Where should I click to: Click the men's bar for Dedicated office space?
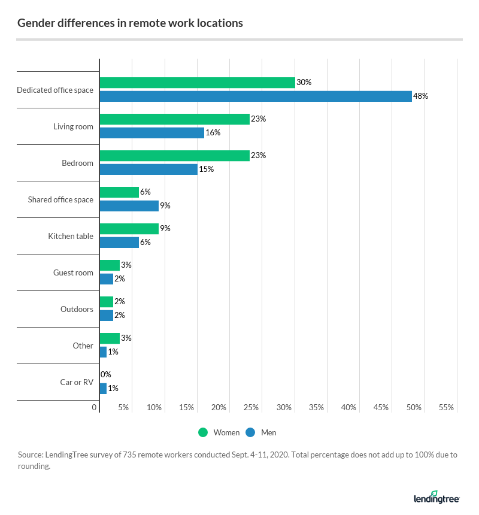click(x=256, y=96)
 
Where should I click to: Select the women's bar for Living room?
click(x=174, y=119)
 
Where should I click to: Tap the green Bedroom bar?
click(x=174, y=156)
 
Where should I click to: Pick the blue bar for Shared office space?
click(x=129, y=206)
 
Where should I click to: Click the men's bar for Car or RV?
click(x=103, y=389)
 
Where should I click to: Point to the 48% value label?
click(x=420, y=96)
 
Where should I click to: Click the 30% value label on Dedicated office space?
click(x=304, y=83)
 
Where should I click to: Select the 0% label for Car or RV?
click(x=106, y=375)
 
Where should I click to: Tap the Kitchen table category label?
click(x=71, y=237)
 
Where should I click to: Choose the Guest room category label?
click(x=73, y=273)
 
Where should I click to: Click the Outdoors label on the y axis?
click(x=77, y=310)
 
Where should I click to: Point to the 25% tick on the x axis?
click(x=251, y=408)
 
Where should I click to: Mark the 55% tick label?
click(x=446, y=408)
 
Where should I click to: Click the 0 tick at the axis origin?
click(x=95, y=408)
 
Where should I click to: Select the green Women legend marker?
click(x=203, y=432)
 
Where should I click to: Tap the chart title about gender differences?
click(x=130, y=23)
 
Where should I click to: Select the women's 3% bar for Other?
click(x=110, y=338)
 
